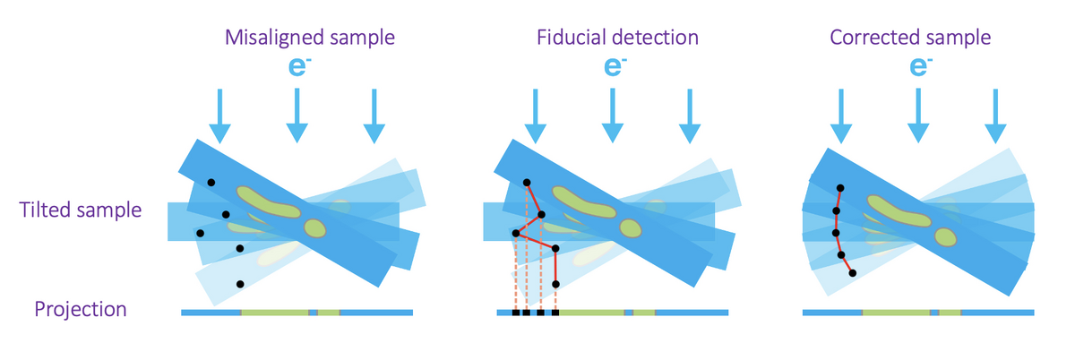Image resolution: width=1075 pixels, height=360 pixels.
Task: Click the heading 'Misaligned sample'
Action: click(310, 38)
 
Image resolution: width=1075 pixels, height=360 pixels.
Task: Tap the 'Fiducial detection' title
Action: click(617, 38)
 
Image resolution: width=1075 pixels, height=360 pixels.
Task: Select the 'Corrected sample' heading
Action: click(910, 38)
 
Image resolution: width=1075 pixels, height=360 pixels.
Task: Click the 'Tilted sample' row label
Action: click(82, 210)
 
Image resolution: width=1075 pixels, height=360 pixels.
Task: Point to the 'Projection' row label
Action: click(81, 310)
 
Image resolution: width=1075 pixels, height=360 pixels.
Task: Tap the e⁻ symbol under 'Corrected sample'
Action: click(918, 66)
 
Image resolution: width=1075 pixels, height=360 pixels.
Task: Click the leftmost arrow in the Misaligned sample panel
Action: click(219, 116)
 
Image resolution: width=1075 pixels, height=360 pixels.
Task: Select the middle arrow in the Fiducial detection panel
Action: click(613, 116)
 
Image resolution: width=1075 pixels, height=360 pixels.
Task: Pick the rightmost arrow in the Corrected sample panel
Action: click(995, 116)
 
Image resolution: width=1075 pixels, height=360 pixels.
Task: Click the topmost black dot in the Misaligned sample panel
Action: click(211, 183)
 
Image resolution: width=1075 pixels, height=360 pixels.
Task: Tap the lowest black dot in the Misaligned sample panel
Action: click(240, 284)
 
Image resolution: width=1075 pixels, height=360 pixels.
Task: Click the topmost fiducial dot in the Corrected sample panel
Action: click(839, 188)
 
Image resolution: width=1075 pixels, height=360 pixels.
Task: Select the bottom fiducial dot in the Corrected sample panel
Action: click(852, 273)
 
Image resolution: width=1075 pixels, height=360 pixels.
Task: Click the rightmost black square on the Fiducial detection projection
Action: click(555, 313)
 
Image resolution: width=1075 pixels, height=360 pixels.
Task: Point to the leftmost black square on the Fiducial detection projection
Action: click(515, 313)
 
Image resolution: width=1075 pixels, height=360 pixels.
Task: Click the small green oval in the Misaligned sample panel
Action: click(314, 227)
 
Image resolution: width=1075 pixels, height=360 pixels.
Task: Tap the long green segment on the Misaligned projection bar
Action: click(274, 313)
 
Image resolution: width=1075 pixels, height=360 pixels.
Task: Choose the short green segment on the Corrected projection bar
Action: click(950, 313)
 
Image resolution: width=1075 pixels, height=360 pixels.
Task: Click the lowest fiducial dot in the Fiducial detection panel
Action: click(555, 284)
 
